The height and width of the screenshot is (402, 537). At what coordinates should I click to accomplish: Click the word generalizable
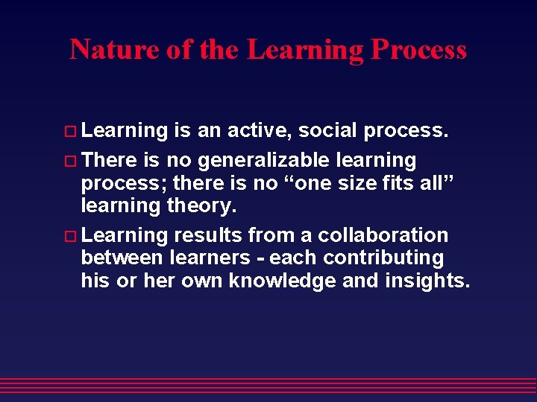click(283, 160)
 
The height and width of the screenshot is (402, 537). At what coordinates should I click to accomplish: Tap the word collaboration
click(383, 235)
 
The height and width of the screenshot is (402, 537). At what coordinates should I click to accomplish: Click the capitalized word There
click(110, 160)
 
